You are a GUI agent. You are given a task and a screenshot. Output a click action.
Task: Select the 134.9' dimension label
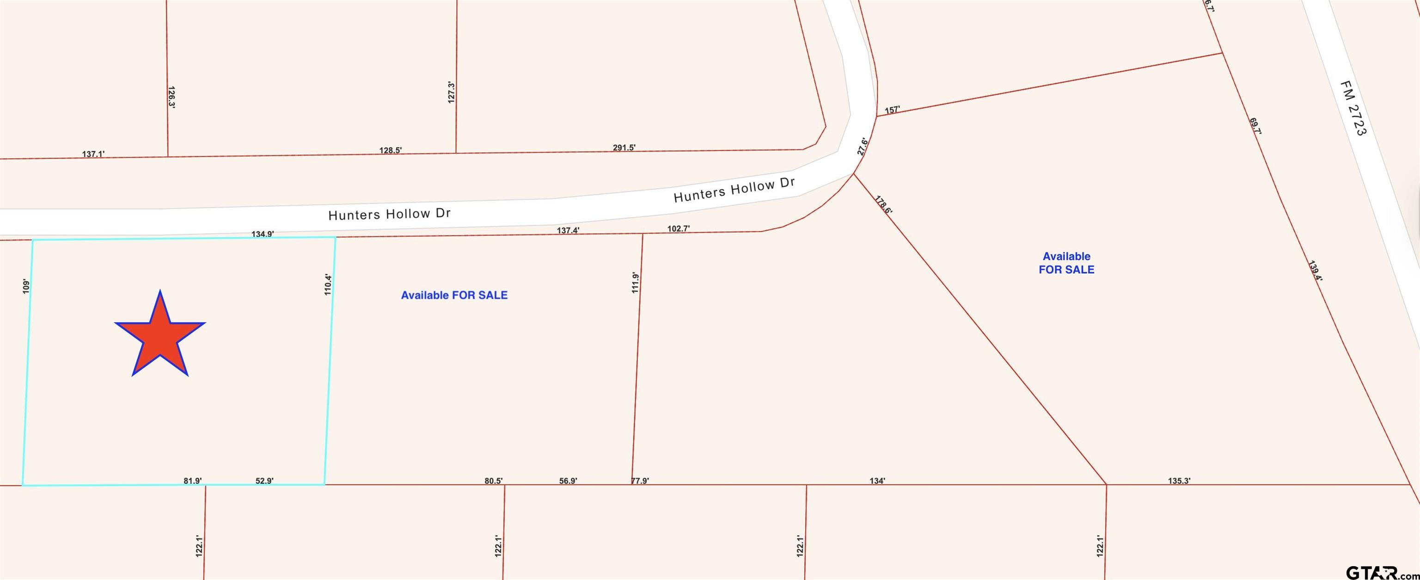(263, 234)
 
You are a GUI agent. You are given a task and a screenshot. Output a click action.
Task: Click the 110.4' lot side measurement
(328, 284)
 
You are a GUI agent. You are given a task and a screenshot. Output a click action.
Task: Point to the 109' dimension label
(25, 285)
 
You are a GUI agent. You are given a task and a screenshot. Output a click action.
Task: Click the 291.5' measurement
(624, 148)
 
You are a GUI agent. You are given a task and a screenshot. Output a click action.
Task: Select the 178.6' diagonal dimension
(883, 204)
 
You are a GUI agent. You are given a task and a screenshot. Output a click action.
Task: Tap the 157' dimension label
(892, 110)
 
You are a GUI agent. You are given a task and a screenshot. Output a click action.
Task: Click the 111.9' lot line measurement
(635, 282)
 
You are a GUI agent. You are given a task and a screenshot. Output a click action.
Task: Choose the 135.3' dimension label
(1179, 481)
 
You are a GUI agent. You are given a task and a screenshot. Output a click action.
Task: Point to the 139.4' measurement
(1315, 271)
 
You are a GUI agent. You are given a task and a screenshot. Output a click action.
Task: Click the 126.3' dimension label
(171, 97)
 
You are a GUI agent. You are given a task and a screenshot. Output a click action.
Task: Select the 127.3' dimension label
(451, 92)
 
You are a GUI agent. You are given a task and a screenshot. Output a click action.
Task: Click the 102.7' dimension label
(679, 229)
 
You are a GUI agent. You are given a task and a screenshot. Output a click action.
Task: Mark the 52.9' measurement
(264, 481)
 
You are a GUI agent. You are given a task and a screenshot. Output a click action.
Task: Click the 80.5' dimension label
(493, 481)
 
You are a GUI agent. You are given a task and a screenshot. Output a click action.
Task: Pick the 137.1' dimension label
(93, 154)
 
